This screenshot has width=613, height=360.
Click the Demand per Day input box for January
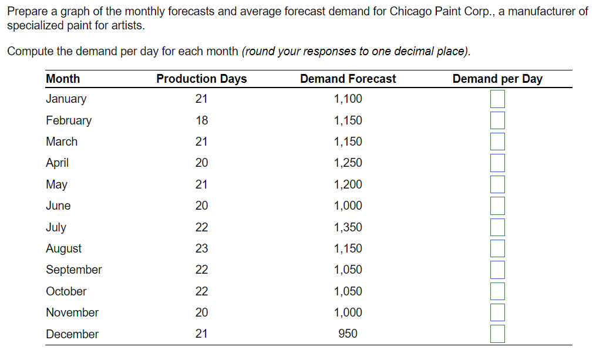(497, 99)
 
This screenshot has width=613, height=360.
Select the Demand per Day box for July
(497, 227)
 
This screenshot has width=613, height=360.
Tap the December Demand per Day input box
(497, 334)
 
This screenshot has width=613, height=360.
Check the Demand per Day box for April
(497, 163)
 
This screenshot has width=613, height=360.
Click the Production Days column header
(201, 79)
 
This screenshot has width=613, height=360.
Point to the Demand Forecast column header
(348, 79)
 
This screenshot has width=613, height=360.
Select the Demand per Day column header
(497, 79)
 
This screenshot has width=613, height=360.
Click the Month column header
(63, 79)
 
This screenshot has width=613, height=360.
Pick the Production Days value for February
(201, 120)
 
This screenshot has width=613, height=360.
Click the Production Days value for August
(201, 248)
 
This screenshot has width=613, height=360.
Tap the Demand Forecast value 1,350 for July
(348, 227)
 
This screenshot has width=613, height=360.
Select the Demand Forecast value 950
(348, 334)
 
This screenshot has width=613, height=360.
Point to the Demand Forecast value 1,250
(348, 163)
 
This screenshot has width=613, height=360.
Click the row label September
(74, 270)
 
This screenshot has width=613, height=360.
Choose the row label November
(72, 312)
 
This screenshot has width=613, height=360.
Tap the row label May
(56, 185)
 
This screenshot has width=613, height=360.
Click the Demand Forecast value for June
(348, 206)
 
